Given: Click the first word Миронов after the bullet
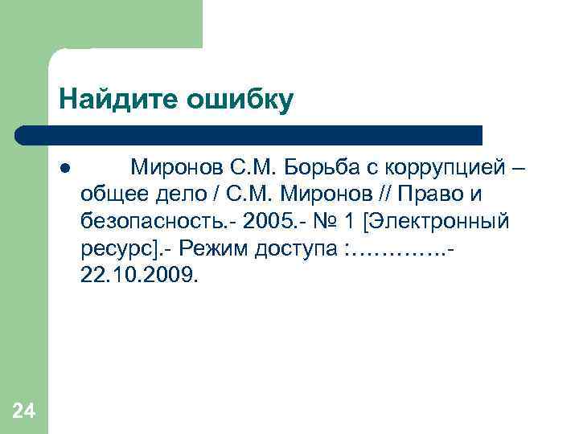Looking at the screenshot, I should tap(177, 168).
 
